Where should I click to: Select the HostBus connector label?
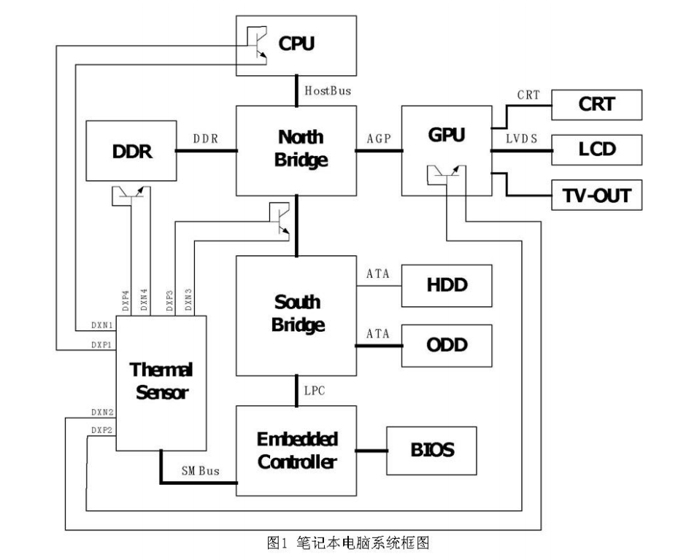coord(328,91)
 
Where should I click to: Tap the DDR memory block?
coord(131,151)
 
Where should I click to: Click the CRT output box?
coord(596,104)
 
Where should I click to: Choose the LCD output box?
coord(596,149)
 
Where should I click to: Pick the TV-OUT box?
coord(596,195)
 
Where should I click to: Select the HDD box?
coord(447,284)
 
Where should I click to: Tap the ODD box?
coord(447,344)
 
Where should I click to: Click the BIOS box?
coord(432,449)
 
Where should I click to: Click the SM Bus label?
coord(200,472)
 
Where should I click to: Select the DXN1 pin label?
coord(102,323)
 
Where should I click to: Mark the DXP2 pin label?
coord(102,430)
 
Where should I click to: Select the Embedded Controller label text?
coord(296,450)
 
